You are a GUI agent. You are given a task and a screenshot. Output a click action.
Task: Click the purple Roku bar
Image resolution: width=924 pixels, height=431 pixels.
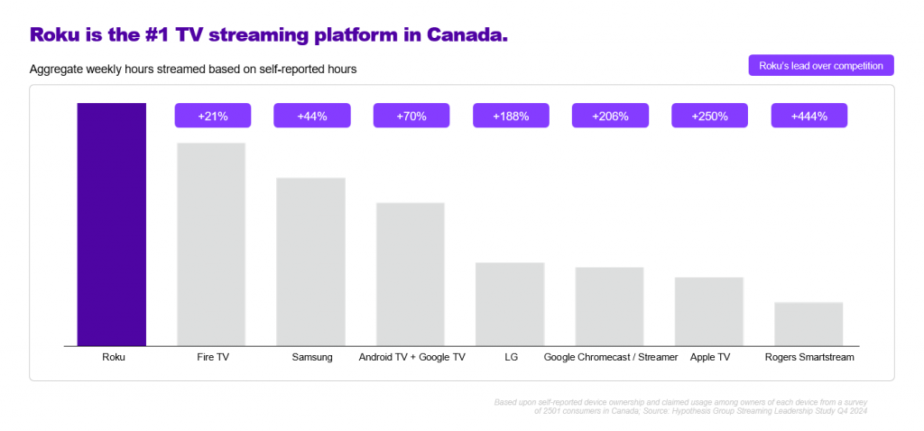pyautogui.click(x=111, y=224)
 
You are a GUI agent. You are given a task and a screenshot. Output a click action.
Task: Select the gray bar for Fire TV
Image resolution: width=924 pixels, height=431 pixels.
pyautogui.click(x=211, y=244)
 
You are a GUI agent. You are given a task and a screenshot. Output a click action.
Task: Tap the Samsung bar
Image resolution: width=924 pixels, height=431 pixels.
pyautogui.click(x=310, y=261)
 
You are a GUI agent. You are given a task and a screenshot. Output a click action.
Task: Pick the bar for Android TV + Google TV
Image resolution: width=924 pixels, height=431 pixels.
pyautogui.click(x=411, y=274)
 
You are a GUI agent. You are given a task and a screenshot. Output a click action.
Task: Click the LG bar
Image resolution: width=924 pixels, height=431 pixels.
pyautogui.click(x=510, y=304)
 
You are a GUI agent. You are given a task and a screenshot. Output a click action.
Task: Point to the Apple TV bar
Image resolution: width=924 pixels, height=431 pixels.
pyautogui.click(x=708, y=311)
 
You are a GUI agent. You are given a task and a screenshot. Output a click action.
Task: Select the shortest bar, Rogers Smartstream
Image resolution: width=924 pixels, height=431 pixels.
pyautogui.click(x=808, y=323)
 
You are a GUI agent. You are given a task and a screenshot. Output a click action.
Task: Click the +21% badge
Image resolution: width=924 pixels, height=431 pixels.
pyautogui.click(x=212, y=116)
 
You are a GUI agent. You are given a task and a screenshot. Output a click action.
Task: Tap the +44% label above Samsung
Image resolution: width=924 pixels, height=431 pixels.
pyautogui.click(x=311, y=116)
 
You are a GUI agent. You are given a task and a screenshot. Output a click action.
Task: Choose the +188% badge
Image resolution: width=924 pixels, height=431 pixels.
pyautogui.click(x=511, y=116)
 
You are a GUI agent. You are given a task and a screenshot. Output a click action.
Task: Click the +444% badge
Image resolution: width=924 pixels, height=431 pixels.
pyautogui.click(x=808, y=116)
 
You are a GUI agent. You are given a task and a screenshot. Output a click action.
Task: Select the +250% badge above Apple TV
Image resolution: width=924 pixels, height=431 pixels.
pyautogui.click(x=709, y=116)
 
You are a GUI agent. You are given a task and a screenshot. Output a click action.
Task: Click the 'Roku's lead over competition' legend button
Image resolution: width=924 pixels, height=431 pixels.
pyautogui.click(x=820, y=66)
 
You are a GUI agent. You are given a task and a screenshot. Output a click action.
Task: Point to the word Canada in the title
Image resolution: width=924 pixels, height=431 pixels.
pyautogui.click(x=462, y=35)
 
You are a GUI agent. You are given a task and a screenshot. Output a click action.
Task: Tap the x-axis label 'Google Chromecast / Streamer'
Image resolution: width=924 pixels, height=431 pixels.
pyautogui.click(x=610, y=358)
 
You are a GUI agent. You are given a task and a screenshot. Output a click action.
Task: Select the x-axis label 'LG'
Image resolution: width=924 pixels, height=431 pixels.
pyautogui.click(x=511, y=358)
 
